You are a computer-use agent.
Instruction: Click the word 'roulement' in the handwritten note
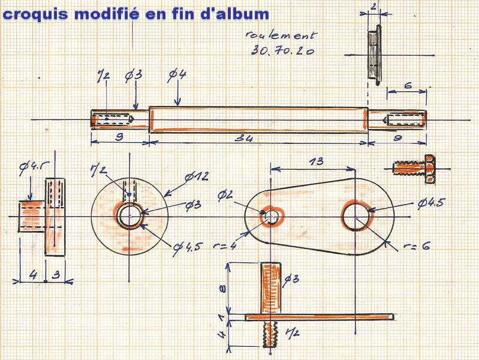[x=281, y=37]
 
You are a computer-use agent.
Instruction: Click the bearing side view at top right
[x=374, y=54]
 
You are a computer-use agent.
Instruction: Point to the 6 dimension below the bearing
[x=407, y=86]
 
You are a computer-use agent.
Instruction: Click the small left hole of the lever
[x=272, y=215]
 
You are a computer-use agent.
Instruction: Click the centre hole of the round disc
[x=129, y=215]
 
